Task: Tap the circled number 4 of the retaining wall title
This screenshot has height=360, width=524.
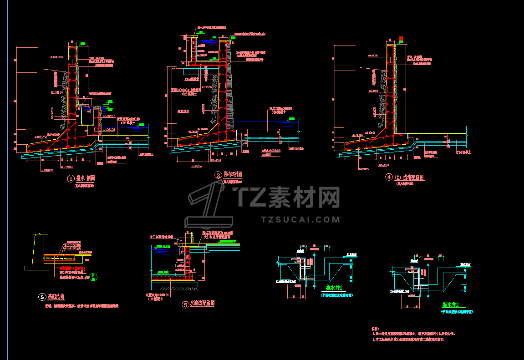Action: click(389, 177)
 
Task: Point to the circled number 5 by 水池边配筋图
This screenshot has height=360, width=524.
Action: click(185, 305)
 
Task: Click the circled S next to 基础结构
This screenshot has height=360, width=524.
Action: click(42, 297)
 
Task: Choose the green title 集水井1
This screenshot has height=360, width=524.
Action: click(336, 288)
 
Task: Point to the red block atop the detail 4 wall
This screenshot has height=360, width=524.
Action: click(401, 39)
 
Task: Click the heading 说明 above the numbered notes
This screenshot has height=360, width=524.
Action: click(375, 328)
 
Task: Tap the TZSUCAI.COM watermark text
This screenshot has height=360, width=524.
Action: click(300, 219)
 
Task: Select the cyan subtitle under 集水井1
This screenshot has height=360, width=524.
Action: click(336, 295)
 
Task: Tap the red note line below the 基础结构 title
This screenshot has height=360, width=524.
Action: click(82, 306)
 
